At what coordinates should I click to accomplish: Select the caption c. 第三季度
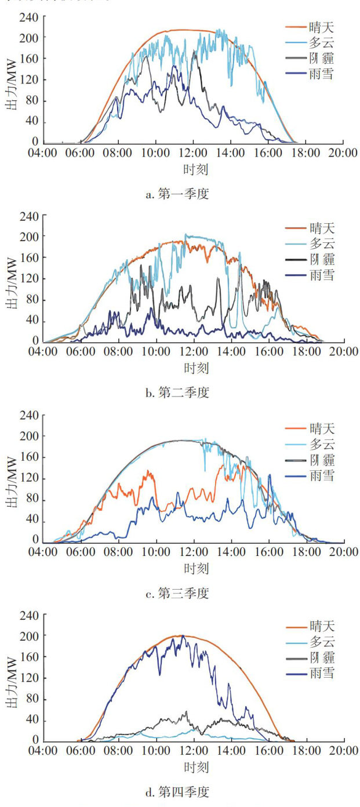click(177, 593)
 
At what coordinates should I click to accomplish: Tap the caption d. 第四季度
click(177, 791)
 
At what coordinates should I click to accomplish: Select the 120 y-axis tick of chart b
click(30, 279)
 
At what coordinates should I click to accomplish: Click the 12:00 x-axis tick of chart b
click(194, 352)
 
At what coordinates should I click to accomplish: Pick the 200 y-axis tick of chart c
click(30, 436)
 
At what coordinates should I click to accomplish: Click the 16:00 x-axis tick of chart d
click(269, 752)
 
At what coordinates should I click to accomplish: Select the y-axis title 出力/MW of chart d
click(11, 678)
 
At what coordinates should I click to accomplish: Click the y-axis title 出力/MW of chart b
click(11, 279)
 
